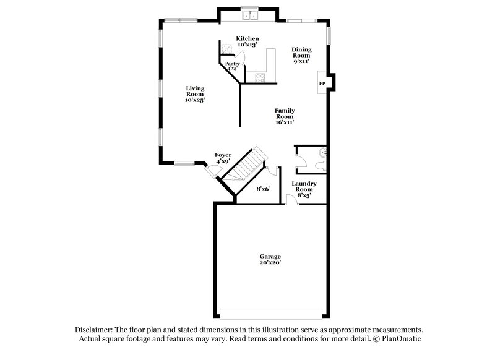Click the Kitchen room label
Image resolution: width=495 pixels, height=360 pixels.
pyautogui.click(x=247, y=38)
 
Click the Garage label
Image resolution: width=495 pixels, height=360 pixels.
pyautogui.click(x=270, y=256)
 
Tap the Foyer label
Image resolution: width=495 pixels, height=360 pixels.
pyautogui.click(x=223, y=155)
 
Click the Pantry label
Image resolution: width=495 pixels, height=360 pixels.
pyautogui.click(x=232, y=64)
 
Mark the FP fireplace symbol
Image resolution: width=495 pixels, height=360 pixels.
pyautogui.click(x=322, y=83)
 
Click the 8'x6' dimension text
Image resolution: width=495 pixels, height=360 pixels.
pyautogui.click(x=263, y=189)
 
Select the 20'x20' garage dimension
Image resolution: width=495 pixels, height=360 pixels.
pyautogui.click(x=270, y=263)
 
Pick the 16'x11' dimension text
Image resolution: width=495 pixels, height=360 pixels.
pyautogui.click(x=285, y=122)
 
